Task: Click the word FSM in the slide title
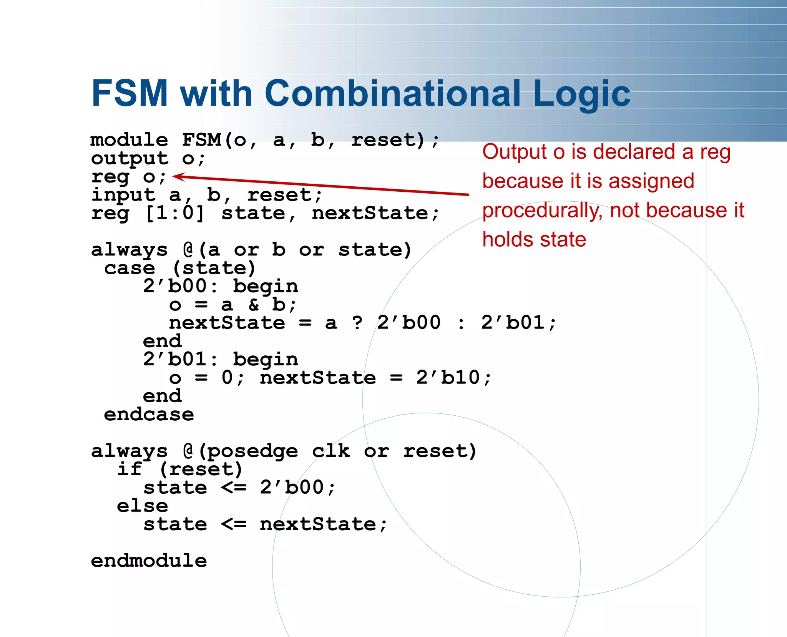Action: click(x=130, y=93)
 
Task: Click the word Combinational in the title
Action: click(x=392, y=93)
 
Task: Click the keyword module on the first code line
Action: click(x=129, y=140)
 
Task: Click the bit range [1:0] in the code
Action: click(x=175, y=213)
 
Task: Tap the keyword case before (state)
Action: click(x=130, y=268)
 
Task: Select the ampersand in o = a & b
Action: click(x=254, y=305)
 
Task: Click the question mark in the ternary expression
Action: click(x=357, y=323)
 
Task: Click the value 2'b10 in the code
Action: click(x=448, y=378)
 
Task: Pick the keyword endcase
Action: click(x=149, y=415)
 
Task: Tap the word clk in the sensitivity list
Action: click(x=331, y=451)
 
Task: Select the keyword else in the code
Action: click(x=143, y=506)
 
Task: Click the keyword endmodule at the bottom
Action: click(x=149, y=561)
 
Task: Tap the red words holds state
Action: click(x=534, y=240)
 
